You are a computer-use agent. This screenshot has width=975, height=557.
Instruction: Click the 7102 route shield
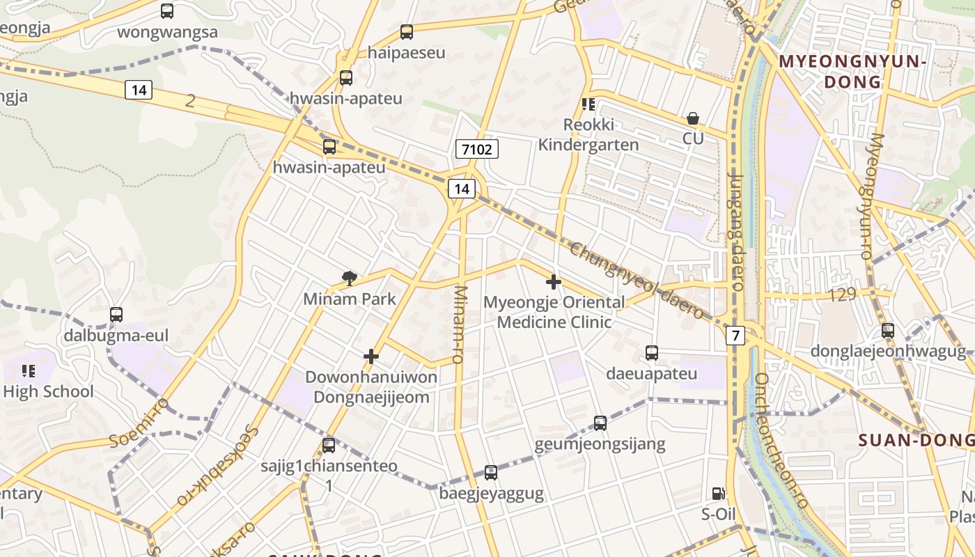pos(477,148)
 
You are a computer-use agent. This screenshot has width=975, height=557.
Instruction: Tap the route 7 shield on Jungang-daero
pos(735,336)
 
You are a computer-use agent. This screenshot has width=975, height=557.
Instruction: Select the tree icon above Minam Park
pos(350,278)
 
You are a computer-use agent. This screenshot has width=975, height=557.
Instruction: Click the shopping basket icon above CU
pos(693,118)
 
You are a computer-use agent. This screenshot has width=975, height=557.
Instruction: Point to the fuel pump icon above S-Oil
pos(718,494)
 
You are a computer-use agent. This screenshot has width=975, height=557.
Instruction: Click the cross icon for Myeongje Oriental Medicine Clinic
pos(554,282)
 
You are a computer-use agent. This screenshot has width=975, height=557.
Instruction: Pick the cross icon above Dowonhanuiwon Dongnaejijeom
pos(371,356)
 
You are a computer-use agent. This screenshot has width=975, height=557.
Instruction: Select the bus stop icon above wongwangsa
pos(167,11)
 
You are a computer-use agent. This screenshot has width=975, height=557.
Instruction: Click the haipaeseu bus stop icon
pos(407,32)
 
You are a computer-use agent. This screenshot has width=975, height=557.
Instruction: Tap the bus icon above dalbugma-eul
pos(116,315)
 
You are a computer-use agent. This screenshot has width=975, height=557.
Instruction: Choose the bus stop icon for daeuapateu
pos(652,353)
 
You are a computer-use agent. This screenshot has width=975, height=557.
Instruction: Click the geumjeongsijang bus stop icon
pos(600,423)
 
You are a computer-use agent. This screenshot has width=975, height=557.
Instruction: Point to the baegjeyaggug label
pos(492,494)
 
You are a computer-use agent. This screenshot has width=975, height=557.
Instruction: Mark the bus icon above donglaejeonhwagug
pos(888,331)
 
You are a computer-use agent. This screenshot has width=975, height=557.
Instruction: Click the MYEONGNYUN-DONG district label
pos(852,71)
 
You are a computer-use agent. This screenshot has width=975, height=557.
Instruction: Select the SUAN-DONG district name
pos(916,440)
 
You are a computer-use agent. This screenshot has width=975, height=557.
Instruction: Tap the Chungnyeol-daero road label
pos(635,281)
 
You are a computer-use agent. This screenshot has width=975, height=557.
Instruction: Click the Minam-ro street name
pos(459,324)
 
